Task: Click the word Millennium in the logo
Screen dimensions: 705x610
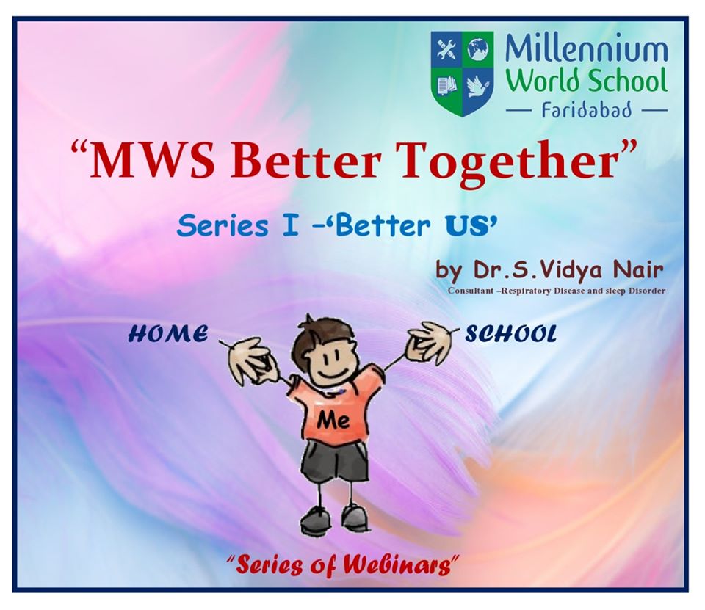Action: click(586, 49)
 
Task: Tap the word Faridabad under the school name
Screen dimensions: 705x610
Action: click(586, 109)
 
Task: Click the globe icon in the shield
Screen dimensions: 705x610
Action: click(477, 49)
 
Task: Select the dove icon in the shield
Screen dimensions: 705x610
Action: click(477, 86)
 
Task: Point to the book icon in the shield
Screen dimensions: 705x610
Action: click(448, 85)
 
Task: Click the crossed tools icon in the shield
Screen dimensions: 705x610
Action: click(447, 49)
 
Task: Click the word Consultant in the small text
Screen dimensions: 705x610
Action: click(474, 291)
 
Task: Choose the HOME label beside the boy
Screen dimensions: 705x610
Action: click(168, 334)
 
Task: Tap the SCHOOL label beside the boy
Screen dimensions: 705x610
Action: click(510, 334)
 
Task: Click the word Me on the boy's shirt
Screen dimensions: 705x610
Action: click(333, 420)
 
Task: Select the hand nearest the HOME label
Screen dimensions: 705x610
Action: click(251, 360)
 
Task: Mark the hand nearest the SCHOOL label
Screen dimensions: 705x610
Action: click(430, 343)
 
